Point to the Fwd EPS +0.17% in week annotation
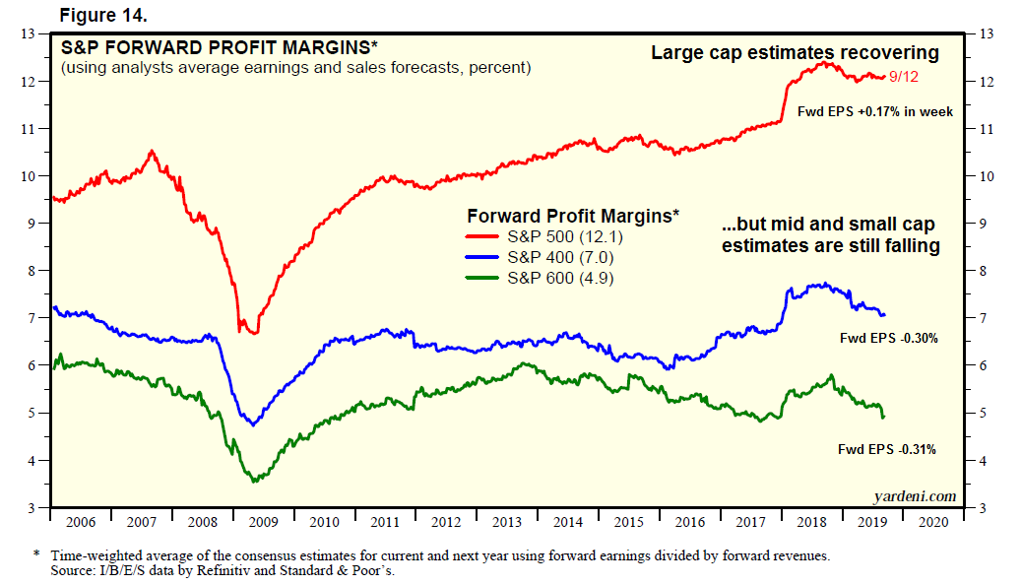click(874, 112)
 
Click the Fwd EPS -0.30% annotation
click(887, 338)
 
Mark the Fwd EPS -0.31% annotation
click(886, 449)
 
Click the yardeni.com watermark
click(914, 495)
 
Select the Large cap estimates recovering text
click(795, 53)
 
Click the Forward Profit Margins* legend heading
click(572, 214)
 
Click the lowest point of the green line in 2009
click(255, 481)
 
